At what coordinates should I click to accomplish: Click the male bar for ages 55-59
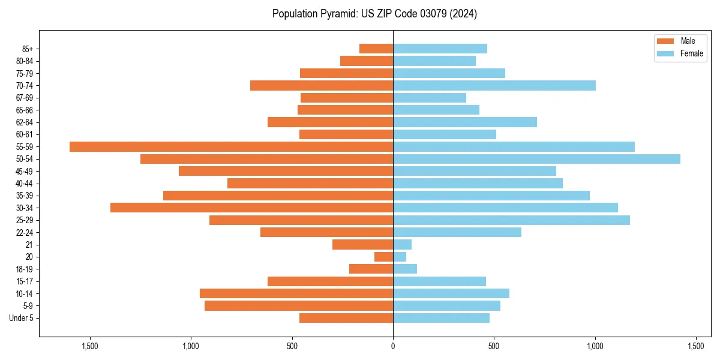tap(231, 146)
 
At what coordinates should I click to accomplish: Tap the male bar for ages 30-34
tap(251, 208)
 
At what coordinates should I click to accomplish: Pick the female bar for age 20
tap(400, 257)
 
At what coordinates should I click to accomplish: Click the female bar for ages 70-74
tap(494, 85)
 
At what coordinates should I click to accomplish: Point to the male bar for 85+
tap(376, 49)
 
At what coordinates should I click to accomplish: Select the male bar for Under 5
tap(346, 318)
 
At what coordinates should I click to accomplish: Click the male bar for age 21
tap(362, 244)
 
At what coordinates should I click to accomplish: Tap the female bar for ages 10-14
tap(451, 293)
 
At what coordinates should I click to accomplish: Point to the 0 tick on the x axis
tap(393, 346)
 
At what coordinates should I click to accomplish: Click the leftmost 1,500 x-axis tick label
tap(90, 346)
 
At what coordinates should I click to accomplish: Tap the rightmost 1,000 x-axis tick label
tap(595, 346)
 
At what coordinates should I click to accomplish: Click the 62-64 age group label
tap(25, 122)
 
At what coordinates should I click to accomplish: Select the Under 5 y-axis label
tap(22, 318)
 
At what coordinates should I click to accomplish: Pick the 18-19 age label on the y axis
tap(25, 269)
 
